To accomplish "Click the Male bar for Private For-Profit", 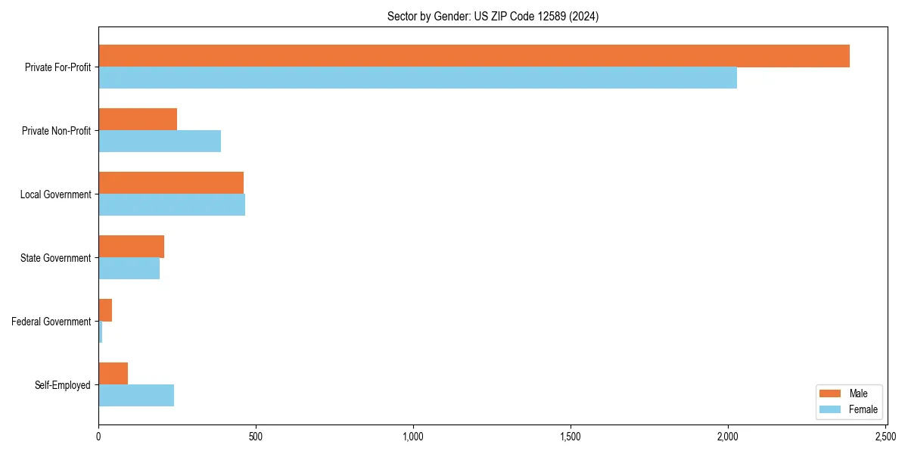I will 474,56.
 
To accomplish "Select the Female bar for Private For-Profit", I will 418,78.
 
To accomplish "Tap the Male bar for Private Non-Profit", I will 138,120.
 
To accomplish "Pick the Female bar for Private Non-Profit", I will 160,141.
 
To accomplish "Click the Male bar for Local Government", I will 171,183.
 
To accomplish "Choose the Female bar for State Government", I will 129,269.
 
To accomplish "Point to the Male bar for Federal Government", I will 105,310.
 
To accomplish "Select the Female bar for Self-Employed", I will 136,396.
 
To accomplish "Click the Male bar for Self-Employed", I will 113,374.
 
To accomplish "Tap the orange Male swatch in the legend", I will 830,393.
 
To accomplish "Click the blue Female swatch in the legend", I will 830,409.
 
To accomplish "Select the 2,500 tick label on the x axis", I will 885,437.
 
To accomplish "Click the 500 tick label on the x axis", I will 256,437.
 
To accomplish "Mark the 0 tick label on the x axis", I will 98,437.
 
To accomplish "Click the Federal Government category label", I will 51,322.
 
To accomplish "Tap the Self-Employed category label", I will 63,385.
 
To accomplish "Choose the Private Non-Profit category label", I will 56,131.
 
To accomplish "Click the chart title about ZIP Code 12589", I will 493,17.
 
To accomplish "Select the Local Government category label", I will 56,194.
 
